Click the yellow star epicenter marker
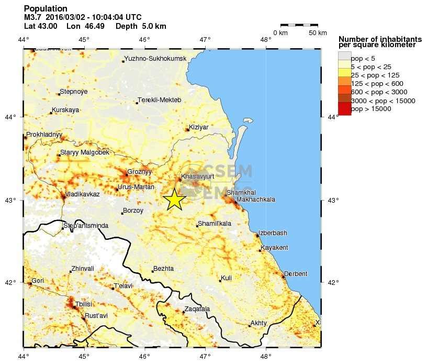pos(174,199)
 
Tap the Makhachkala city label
pos(256,200)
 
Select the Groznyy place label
pos(139,171)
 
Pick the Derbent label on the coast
pos(296,274)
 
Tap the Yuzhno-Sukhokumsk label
pos(155,58)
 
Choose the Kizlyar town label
pos(198,127)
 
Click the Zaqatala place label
pos(197,309)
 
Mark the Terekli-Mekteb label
pos(160,100)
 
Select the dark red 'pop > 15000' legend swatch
pos(344,108)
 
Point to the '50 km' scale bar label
pos(317,33)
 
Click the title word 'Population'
pos(46,8)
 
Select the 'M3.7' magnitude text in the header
pos(33,17)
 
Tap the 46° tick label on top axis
pos(144,39)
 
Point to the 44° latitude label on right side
pos(332,117)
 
